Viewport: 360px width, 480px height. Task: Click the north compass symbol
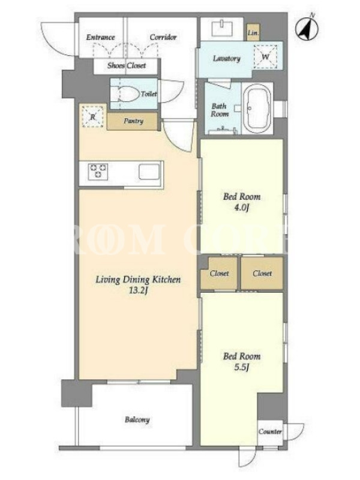pyautogui.click(x=307, y=28)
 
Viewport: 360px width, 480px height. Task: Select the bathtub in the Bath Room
pyautogui.click(x=257, y=108)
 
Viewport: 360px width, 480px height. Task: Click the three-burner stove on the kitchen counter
pyautogui.click(x=98, y=172)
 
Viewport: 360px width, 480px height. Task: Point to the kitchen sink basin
pyautogui.click(x=149, y=172)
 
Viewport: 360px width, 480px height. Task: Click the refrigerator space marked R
pyautogui.click(x=93, y=116)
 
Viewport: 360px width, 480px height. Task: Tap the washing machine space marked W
pyautogui.click(x=265, y=56)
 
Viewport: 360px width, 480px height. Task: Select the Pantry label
pyautogui.click(x=133, y=121)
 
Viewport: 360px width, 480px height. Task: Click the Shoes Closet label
pyautogui.click(x=127, y=65)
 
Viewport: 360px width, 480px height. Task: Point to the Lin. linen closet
pyautogui.click(x=253, y=32)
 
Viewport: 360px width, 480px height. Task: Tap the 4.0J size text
pyautogui.click(x=242, y=208)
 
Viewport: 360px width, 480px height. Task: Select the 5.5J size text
pyautogui.click(x=242, y=367)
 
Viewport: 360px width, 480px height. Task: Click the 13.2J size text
pyautogui.click(x=139, y=290)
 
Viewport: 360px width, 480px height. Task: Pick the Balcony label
pyautogui.click(x=137, y=419)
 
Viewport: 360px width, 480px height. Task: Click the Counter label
pyautogui.click(x=270, y=431)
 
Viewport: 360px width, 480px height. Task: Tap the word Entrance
pyautogui.click(x=100, y=37)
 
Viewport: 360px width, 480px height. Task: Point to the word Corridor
pyautogui.click(x=163, y=37)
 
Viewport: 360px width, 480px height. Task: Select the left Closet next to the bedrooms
pyautogui.click(x=219, y=273)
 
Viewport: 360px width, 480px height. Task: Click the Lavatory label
pyautogui.click(x=227, y=58)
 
